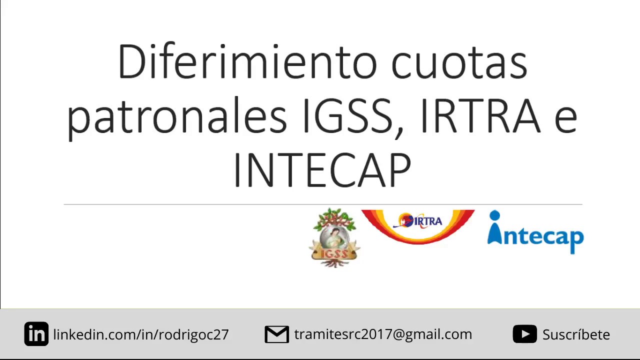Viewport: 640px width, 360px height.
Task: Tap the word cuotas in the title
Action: [x=458, y=63]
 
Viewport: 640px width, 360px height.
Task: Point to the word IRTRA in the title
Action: [x=480, y=116]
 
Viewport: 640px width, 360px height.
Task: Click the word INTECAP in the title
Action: [x=322, y=170]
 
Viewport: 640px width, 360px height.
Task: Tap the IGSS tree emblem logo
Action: [x=334, y=238]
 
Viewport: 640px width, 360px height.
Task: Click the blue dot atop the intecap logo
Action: [x=494, y=215]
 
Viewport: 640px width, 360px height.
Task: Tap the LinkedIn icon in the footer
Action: [x=36, y=334]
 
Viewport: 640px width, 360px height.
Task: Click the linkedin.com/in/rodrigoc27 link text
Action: [x=141, y=334]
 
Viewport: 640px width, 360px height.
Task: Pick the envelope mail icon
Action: [x=276, y=334]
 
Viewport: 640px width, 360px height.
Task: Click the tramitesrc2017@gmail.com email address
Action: [x=383, y=334]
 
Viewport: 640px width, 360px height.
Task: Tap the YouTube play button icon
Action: [x=524, y=334]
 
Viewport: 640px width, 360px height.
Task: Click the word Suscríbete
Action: [x=576, y=334]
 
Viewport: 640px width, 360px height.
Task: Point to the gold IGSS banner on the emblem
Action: [x=334, y=253]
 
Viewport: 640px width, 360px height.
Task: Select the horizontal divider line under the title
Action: [x=323, y=204]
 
